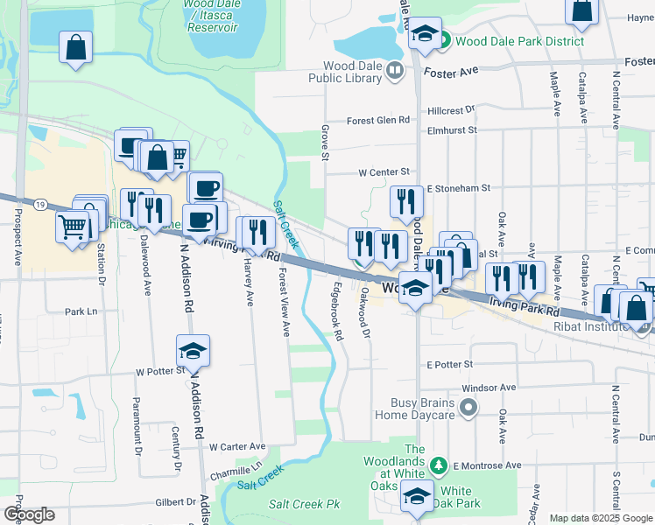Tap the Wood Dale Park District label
511,41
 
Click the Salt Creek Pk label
304,504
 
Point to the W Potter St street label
156,372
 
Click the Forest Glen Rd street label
378,120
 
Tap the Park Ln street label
80,311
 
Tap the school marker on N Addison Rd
193,351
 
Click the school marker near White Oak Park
418,497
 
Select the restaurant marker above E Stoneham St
406,202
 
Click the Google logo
30,515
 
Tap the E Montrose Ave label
487,465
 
